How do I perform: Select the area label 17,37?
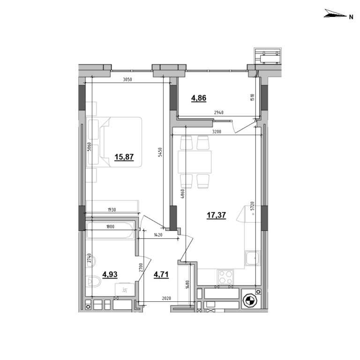[217, 215]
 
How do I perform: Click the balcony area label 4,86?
[198, 98]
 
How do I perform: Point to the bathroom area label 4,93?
[110, 275]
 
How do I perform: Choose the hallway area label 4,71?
[161, 275]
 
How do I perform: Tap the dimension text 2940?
[219, 113]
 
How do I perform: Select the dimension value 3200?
[217, 132]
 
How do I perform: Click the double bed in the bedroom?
[114, 141]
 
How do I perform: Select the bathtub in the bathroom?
[111, 231]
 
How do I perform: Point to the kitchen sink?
[252, 258]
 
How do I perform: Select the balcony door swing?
[244, 126]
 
